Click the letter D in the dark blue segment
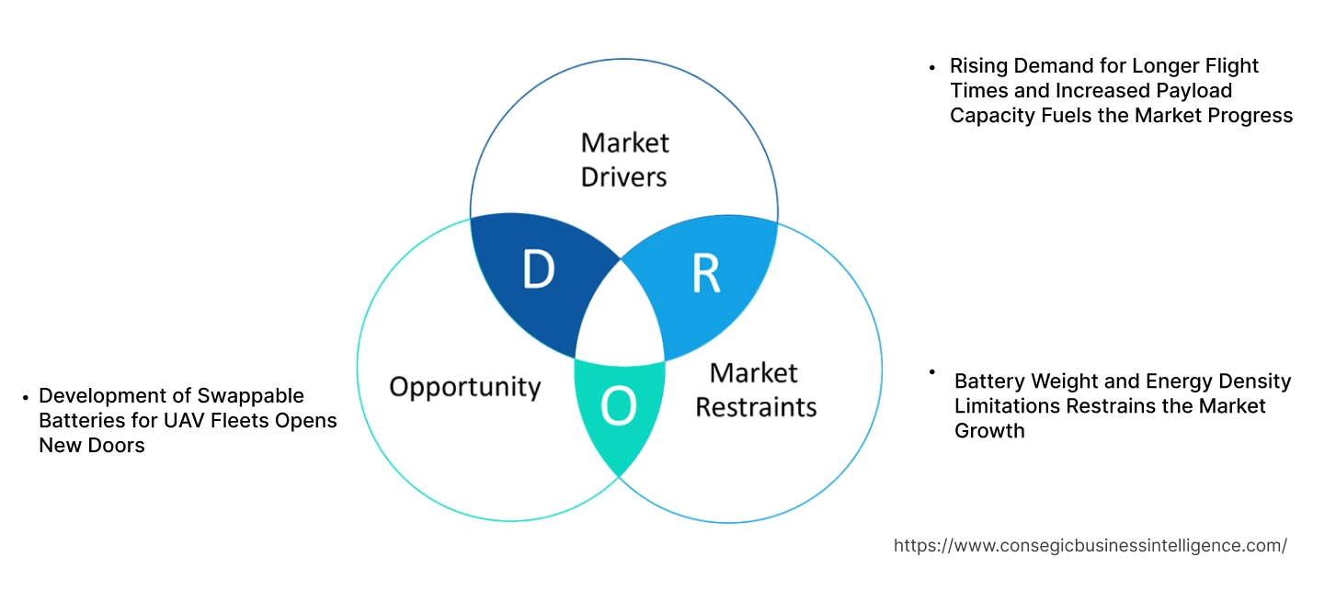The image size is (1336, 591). pyautogui.click(x=539, y=269)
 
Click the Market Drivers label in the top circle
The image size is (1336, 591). pyautogui.click(x=624, y=159)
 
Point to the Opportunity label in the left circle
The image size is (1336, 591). pyautogui.click(x=464, y=386)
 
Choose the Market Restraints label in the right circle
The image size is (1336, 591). pyautogui.click(x=756, y=389)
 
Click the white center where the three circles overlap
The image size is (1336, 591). pyautogui.click(x=619, y=313)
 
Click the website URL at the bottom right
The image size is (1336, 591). pyautogui.click(x=1090, y=546)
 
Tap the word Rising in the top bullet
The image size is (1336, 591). pyautogui.click(x=978, y=66)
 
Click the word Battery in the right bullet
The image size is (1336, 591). pyautogui.click(x=988, y=381)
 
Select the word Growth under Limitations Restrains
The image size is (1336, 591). pyautogui.click(x=989, y=430)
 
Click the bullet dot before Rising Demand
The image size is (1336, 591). pyautogui.click(x=932, y=66)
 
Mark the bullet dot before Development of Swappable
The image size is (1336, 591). pyautogui.click(x=24, y=397)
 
